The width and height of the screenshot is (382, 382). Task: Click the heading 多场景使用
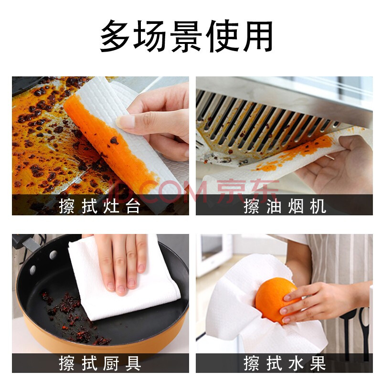[x=186, y=36]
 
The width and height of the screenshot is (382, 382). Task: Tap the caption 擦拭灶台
[x=99, y=206]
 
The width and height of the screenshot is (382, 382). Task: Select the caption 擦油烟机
[x=285, y=206]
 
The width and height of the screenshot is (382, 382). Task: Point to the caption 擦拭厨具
[x=99, y=363]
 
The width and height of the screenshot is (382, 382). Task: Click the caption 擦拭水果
[x=285, y=363]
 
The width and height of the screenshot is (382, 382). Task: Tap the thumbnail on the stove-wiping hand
[x=125, y=122]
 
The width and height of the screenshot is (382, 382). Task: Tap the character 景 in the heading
[x=186, y=36]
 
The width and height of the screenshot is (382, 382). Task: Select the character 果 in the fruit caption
[x=318, y=363]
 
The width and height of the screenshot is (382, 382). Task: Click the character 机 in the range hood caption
[x=318, y=206]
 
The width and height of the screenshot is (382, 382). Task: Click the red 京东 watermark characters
[x=247, y=191]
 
